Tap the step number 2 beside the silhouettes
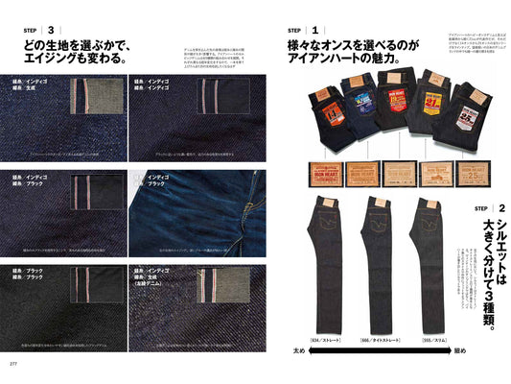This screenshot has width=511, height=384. pyautogui.click(x=502, y=208)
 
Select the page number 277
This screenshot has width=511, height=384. pyautogui.click(x=13, y=364)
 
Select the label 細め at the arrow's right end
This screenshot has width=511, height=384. pyautogui.click(x=463, y=351)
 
